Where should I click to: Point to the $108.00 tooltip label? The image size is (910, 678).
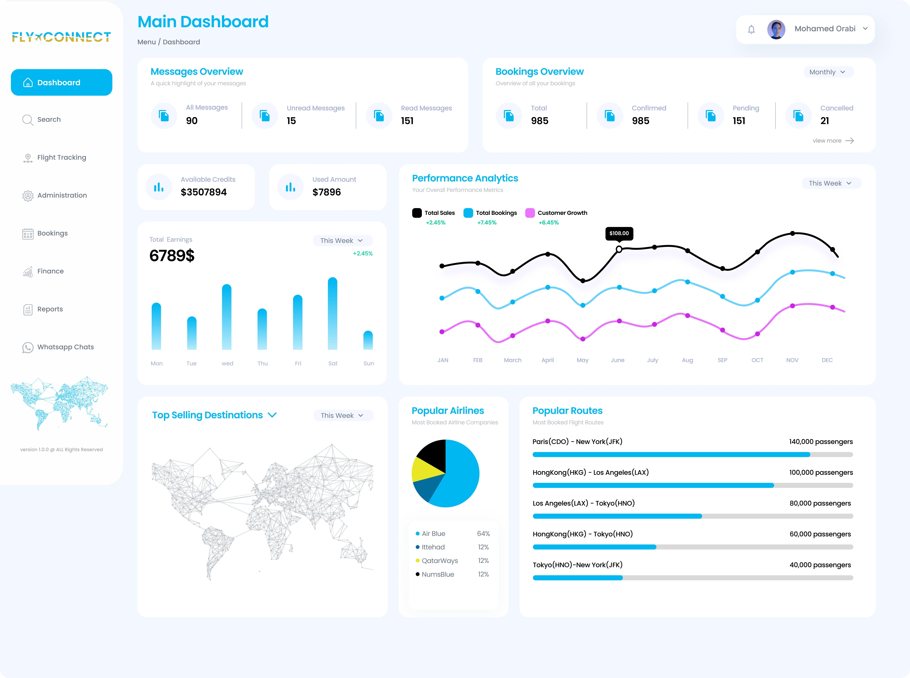point(619,233)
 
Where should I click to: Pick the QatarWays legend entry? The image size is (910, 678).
point(439,561)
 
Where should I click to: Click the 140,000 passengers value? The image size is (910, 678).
point(821,442)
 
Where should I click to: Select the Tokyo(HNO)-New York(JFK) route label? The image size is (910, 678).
point(577,565)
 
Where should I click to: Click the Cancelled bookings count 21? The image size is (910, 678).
point(825,121)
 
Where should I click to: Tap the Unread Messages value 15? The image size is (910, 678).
point(291,121)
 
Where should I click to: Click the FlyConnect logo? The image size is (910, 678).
point(62,37)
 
